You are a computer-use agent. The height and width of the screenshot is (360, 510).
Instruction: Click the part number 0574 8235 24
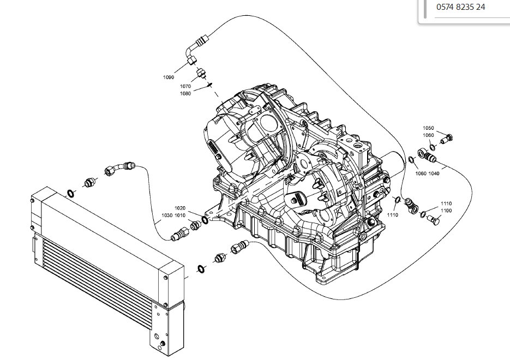click(460, 7)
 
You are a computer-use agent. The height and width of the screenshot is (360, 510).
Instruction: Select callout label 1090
click(169, 77)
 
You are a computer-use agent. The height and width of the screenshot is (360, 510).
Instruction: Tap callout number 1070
click(185, 87)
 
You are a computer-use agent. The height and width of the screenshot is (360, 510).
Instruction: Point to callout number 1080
click(185, 94)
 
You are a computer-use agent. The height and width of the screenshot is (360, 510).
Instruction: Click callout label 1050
click(428, 128)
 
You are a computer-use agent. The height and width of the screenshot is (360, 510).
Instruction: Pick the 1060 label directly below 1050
click(428, 135)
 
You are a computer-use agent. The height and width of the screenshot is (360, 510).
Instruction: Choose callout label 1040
click(434, 173)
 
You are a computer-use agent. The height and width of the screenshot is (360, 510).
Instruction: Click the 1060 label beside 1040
click(421, 173)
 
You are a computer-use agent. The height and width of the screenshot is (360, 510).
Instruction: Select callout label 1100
click(446, 211)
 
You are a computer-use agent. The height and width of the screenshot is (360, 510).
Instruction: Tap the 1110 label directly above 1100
click(446, 203)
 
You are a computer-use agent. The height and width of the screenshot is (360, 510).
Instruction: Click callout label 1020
click(180, 208)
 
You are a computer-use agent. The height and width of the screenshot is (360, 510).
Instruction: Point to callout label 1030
click(167, 215)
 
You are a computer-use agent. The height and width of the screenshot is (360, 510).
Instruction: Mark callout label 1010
click(180, 215)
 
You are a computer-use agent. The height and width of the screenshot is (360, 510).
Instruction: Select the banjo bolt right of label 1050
click(447, 139)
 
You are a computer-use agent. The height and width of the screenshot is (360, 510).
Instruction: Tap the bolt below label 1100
click(433, 219)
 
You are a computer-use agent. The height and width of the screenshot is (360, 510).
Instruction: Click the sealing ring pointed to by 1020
click(205, 220)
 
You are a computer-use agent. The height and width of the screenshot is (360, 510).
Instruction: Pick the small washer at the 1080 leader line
click(210, 85)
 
